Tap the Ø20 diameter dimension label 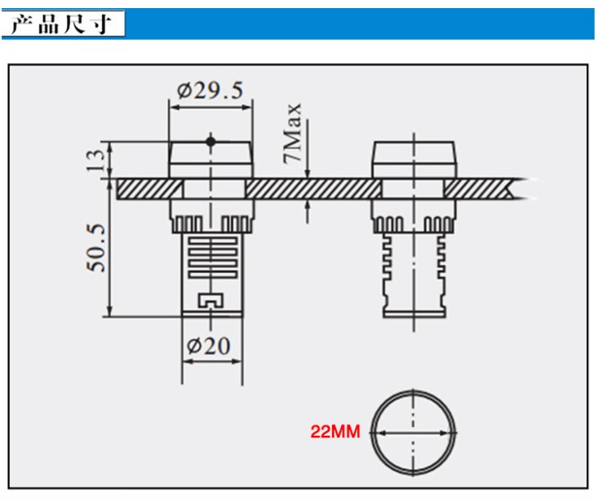(x=209, y=346)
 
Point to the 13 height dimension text (x=96, y=159)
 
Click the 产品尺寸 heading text (x=64, y=24)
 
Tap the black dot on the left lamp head (x=211, y=142)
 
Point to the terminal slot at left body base (x=210, y=301)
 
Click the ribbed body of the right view (x=413, y=267)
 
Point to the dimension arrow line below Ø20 (x=210, y=361)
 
